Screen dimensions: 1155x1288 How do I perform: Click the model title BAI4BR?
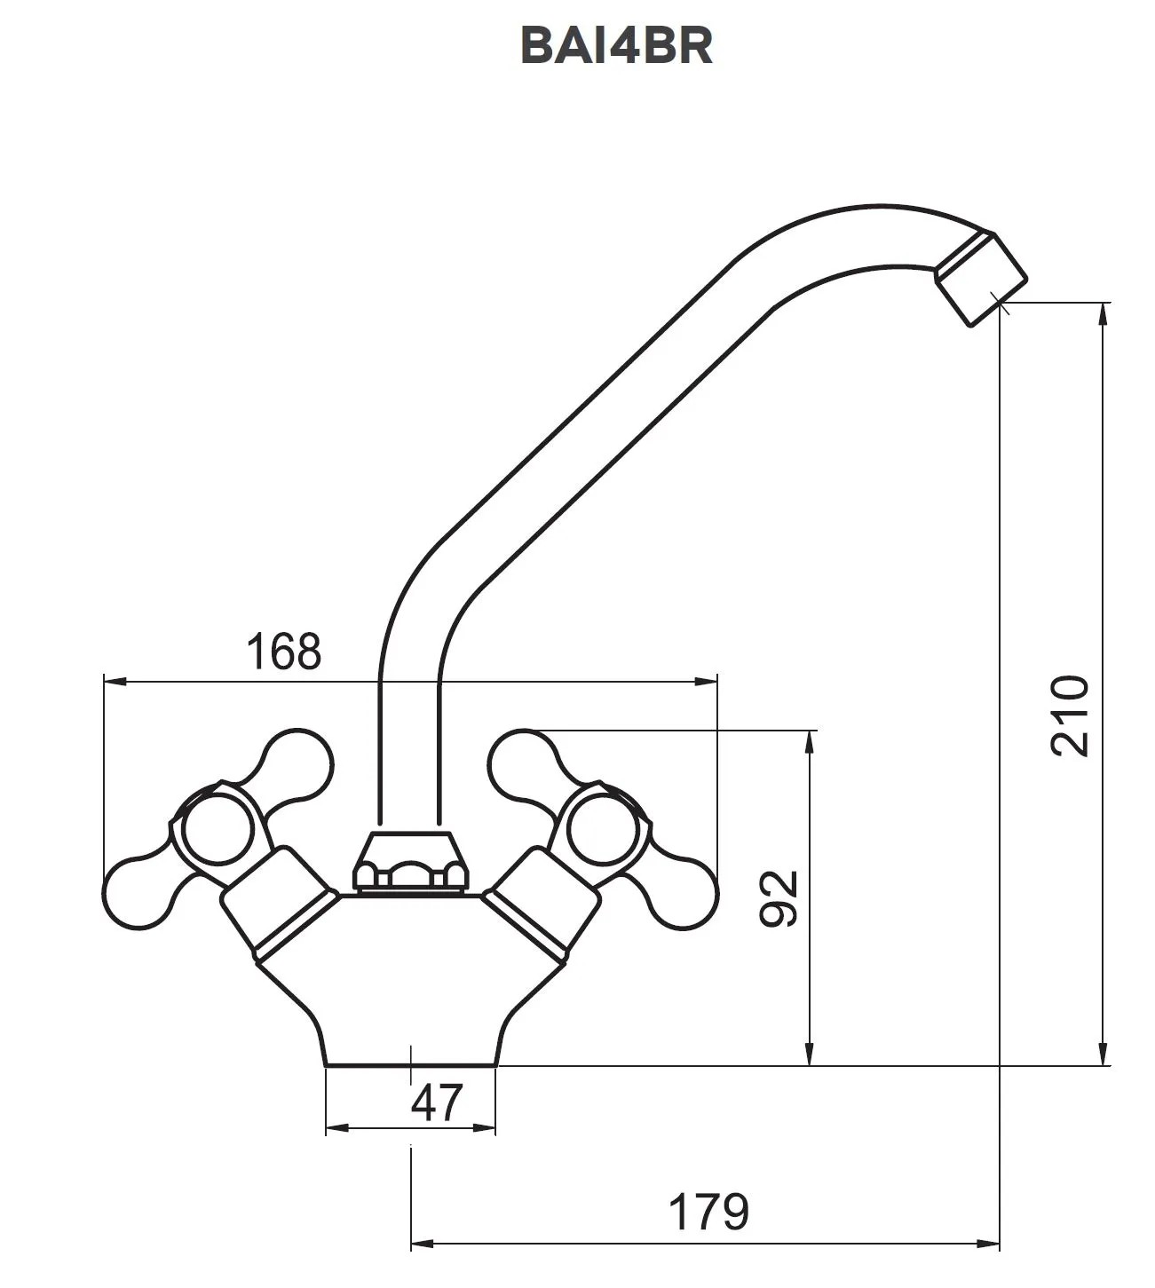click(616, 46)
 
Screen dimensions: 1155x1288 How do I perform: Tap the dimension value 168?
click(284, 652)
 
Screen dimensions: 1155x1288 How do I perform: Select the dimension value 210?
click(1070, 715)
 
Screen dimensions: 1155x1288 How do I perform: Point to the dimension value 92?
click(779, 899)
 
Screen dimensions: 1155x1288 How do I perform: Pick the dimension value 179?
click(709, 1212)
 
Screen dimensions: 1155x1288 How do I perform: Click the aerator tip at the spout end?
click(981, 279)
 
